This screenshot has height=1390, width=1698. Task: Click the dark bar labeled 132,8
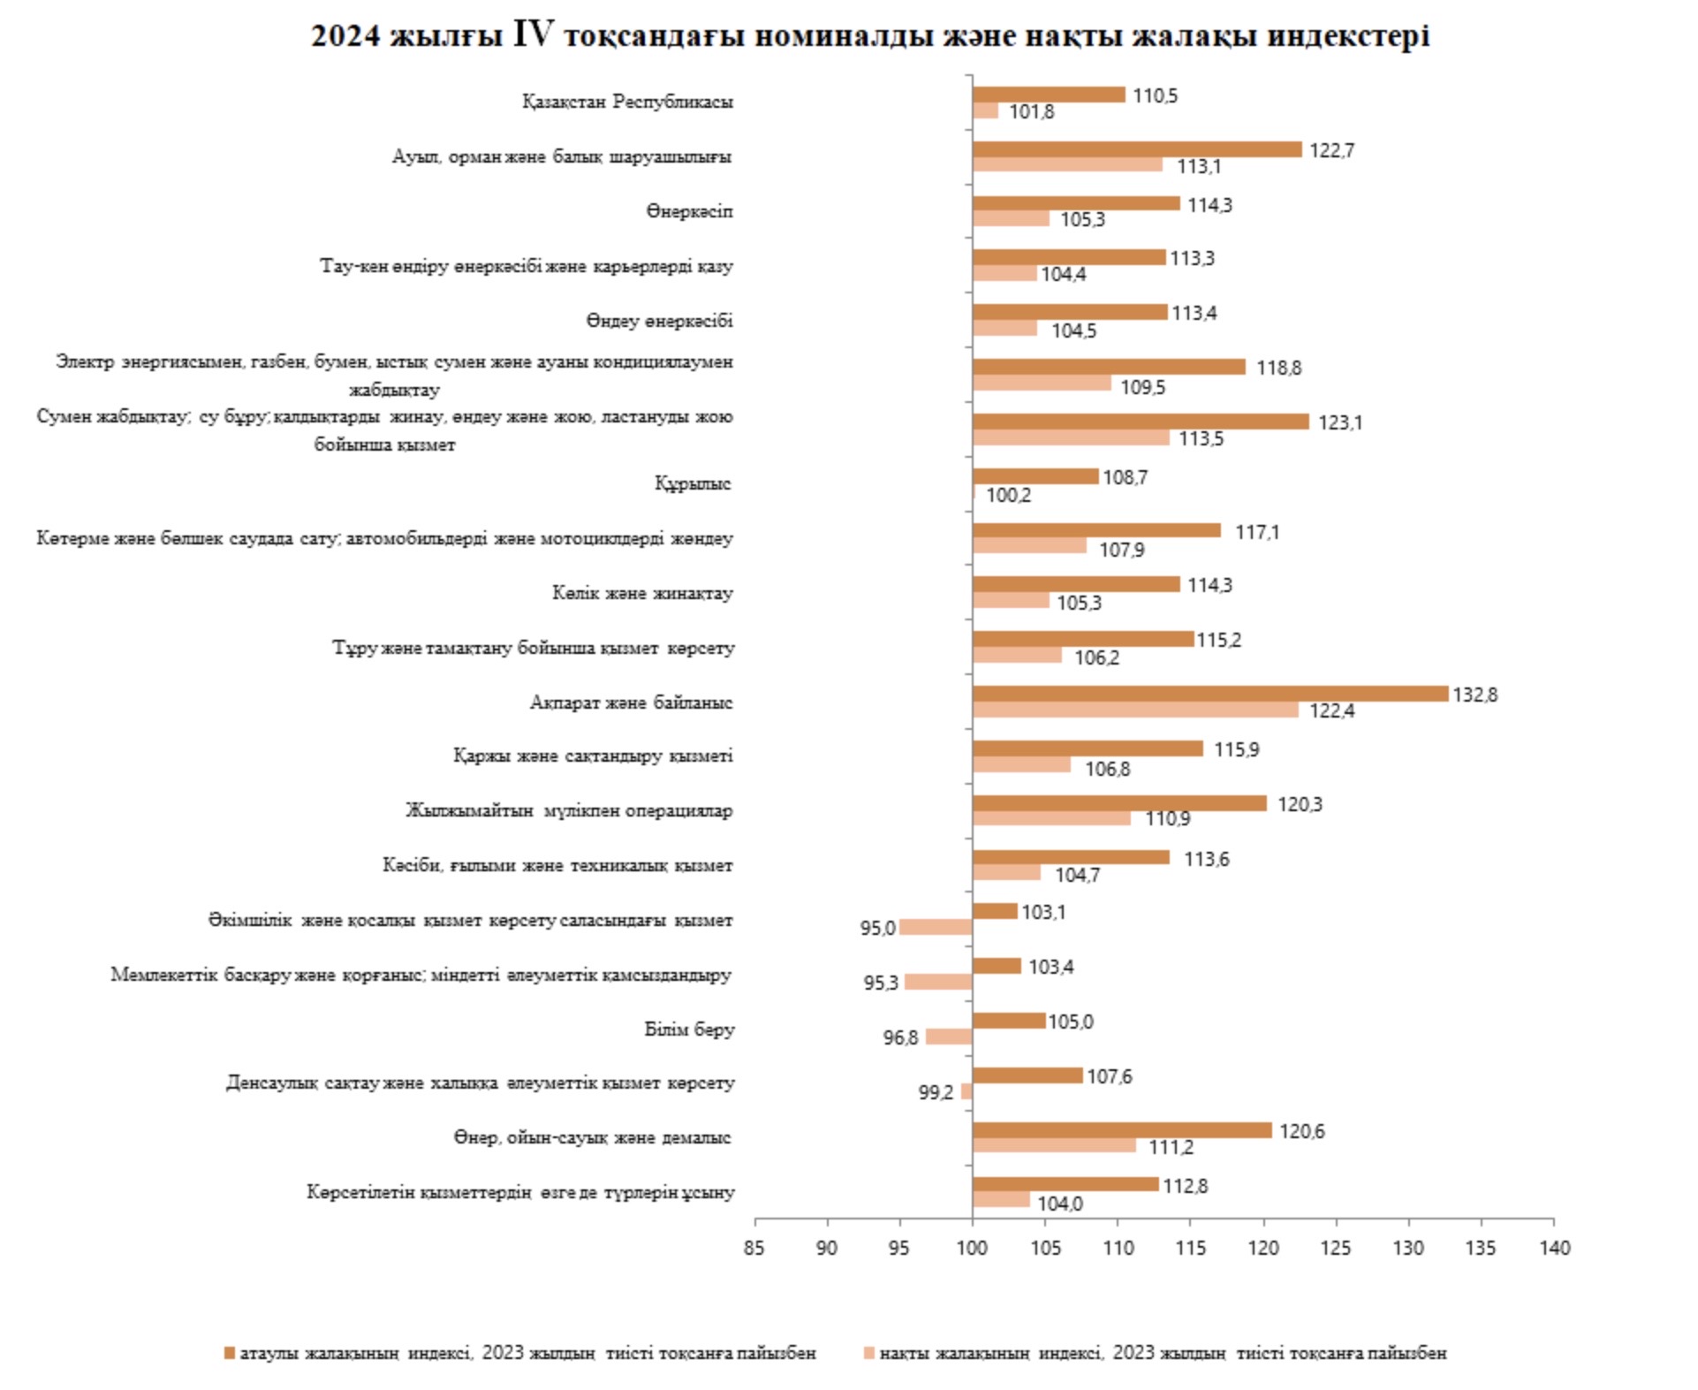[1209, 694]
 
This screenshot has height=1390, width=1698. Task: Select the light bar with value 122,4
[1135, 710]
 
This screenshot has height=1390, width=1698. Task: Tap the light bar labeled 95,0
[936, 927]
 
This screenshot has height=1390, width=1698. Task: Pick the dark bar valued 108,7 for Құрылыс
[1035, 476]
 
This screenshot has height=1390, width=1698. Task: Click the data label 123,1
[1340, 422]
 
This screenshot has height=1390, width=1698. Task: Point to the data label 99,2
[936, 1092]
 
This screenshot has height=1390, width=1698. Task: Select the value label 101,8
[1031, 112]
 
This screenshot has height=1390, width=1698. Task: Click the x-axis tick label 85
[754, 1248]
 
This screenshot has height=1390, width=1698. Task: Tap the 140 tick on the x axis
[1555, 1248]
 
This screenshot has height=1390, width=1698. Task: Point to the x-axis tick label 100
[972, 1248]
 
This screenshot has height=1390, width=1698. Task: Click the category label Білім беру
[689, 1029]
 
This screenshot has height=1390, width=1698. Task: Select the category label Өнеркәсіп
[689, 211]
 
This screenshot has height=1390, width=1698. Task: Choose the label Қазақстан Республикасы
[627, 102]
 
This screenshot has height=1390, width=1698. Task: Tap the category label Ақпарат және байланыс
[631, 703]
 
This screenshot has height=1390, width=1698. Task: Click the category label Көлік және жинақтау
[642, 593]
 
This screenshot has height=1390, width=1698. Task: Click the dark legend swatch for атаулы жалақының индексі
[230, 1353]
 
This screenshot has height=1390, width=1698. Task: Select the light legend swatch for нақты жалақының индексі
[869, 1353]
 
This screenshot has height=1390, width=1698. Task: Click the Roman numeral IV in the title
[533, 34]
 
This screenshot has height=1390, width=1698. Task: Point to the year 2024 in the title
[345, 36]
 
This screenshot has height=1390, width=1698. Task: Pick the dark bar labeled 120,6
[1122, 1130]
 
